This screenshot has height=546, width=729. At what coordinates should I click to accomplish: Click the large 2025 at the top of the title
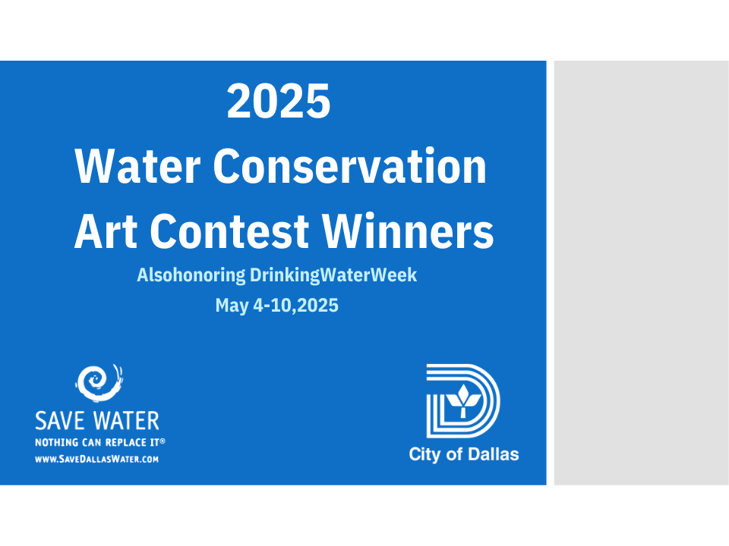[x=279, y=101]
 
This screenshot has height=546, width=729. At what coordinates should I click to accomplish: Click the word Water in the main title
[x=137, y=166]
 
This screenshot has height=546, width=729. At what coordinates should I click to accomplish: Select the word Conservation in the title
[x=349, y=166]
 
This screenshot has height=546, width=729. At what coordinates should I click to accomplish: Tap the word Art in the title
[x=106, y=231]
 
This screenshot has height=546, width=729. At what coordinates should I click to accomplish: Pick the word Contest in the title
[x=229, y=231]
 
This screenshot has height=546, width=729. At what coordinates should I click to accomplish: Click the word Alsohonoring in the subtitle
[x=191, y=275]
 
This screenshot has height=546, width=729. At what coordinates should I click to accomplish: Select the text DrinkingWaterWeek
[x=333, y=275]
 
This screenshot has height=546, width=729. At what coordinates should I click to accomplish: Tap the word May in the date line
[x=232, y=306]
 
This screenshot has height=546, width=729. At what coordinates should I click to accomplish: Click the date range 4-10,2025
[x=295, y=306]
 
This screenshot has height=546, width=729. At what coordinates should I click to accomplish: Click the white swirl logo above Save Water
[x=99, y=383]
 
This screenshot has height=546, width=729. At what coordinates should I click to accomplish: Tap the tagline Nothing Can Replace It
[x=97, y=442]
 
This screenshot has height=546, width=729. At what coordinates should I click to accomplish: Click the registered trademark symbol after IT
[x=163, y=441]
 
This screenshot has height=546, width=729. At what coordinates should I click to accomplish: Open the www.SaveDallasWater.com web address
[x=96, y=460]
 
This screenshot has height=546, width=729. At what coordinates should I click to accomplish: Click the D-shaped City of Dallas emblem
[x=463, y=400]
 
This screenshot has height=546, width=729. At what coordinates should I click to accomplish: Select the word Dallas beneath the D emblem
[x=494, y=454]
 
